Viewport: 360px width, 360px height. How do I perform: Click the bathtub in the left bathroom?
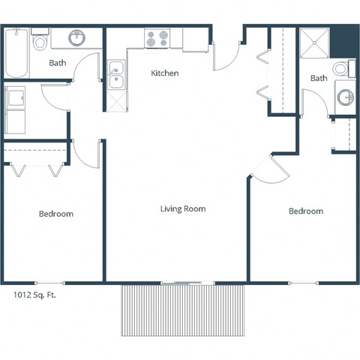click(x=16, y=53)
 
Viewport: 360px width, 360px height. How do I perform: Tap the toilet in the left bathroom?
click(x=40, y=40)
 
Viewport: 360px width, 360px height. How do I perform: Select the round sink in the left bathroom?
click(x=77, y=37)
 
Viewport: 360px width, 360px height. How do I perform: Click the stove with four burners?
click(x=157, y=37)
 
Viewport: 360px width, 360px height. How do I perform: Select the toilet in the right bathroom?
click(x=341, y=70)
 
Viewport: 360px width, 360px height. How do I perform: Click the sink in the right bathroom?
click(x=345, y=97)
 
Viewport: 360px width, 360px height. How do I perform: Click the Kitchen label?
click(x=164, y=73)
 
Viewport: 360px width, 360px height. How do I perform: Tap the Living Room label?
click(x=182, y=208)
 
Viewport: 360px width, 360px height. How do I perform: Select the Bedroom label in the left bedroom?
click(x=56, y=214)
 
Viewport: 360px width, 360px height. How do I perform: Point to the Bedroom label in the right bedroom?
click(x=306, y=211)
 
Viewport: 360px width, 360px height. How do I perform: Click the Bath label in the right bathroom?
click(x=319, y=78)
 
